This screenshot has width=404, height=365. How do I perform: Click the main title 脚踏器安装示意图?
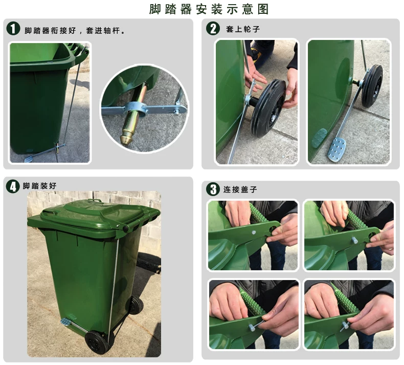pyautogui.click(x=209, y=9)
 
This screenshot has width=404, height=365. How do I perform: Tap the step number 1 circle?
pyautogui.click(x=13, y=28)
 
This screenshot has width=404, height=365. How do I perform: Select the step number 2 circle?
pyautogui.click(x=213, y=28)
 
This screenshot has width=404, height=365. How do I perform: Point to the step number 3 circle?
pyautogui.click(x=213, y=189)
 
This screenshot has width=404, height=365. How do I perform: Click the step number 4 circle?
pyautogui.click(x=13, y=186)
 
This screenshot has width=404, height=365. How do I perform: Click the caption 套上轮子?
pyautogui.click(x=243, y=29)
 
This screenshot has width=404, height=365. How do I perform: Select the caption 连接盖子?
pyautogui.click(x=240, y=189)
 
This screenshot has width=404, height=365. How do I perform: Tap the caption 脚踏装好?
pyautogui.click(x=39, y=186)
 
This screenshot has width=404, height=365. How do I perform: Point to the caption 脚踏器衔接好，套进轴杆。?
pyautogui.click(x=75, y=30)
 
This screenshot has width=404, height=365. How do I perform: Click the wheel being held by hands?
pyautogui.click(x=268, y=108)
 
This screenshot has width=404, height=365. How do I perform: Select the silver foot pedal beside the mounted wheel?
pyautogui.click(x=336, y=149)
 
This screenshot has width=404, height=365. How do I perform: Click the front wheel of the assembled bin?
pyautogui.click(x=96, y=342)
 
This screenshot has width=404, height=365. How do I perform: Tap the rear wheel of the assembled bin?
pyautogui.click(x=136, y=305)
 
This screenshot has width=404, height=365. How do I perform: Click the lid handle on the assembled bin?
pyautogui.click(x=94, y=201)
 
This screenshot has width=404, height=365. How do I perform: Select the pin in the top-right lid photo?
pyautogui.click(x=355, y=240)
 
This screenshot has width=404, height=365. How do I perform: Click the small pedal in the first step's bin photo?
pyautogui.click(x=29, y=159)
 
